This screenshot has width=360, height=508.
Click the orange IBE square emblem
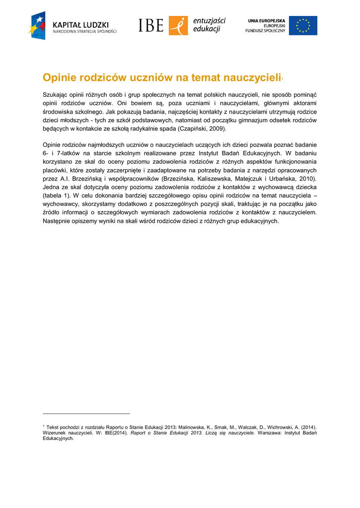coord(178,25)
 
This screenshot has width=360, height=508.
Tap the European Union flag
coord(303,25)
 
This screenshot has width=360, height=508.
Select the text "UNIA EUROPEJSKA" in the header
coord(267,20)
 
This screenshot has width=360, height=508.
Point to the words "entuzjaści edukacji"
coord(209,25)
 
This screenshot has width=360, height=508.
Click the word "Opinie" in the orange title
coord(59,78)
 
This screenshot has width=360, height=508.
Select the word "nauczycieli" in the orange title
coord(252,78)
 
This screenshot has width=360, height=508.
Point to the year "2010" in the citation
coord(306,179)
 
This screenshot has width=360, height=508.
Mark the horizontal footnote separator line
coord(86,413)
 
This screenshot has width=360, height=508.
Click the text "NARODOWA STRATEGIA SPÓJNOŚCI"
coord(85,31)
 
